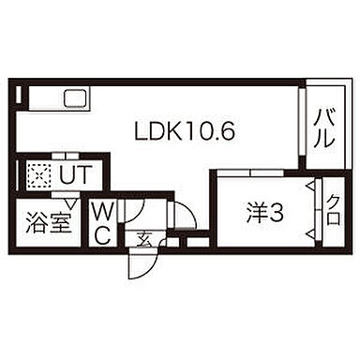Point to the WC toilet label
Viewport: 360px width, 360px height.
coord(103,224)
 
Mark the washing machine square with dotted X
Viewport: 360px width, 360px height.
coord(39,174)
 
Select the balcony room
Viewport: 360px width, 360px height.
coord(322,127)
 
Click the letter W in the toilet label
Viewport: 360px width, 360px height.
coord(103,214)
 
